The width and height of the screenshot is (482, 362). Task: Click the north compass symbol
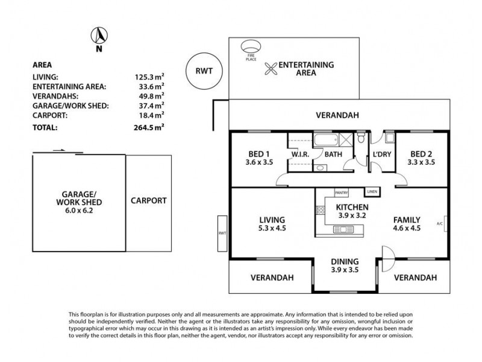(x=98, y=35)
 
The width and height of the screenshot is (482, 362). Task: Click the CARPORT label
(x=148, y=200)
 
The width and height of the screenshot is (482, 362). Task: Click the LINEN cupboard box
(x=372, y=192)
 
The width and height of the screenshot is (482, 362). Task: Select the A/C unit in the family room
(x=445, y=221)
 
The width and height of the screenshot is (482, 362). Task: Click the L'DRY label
(x=382, y=154)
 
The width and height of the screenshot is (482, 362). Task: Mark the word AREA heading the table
(x=40, y=64)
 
